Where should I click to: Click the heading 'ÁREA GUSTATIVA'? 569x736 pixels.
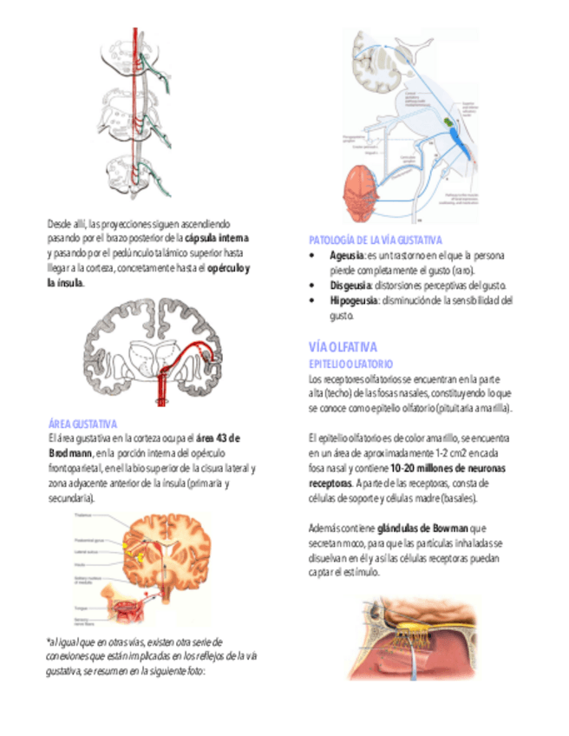[x=82, y=424]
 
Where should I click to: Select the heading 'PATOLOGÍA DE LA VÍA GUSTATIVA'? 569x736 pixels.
[x=376, y=240]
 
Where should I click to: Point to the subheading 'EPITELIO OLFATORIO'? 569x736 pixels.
[x=350, y=364]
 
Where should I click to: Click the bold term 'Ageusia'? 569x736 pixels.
[x=346, y=256]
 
